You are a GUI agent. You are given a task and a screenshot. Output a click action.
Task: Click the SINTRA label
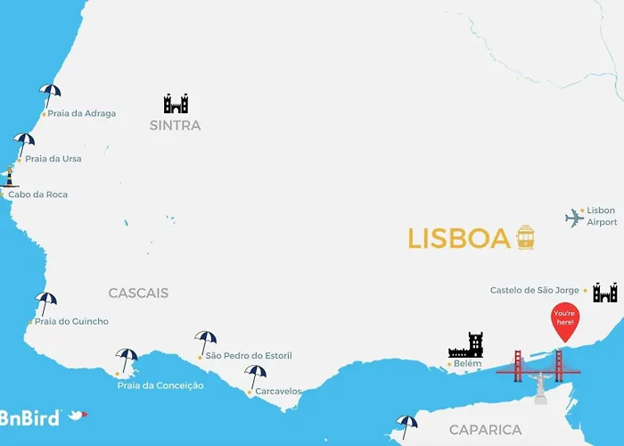176,126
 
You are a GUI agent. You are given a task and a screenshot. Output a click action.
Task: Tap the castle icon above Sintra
176,103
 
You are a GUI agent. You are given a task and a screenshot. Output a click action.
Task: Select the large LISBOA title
459,239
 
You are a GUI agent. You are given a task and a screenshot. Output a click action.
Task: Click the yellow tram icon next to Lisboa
525,237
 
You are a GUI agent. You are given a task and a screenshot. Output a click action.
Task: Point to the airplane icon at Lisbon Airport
574,218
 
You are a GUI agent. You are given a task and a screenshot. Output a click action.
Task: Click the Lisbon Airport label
601,217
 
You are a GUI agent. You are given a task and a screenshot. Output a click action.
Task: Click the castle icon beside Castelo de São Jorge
604,292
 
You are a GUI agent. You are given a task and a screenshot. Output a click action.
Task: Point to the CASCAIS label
138,293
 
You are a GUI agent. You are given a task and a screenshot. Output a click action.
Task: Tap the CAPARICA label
485,430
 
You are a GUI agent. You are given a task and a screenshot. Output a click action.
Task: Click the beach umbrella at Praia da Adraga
50,94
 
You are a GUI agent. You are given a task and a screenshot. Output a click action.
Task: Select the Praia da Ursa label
53,159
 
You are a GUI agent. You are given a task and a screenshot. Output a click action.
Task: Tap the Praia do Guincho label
71,321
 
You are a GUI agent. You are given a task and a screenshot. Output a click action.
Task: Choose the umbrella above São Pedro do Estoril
206,340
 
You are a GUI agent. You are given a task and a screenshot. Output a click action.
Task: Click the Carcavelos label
278,392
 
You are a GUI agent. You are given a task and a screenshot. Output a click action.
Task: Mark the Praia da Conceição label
160,385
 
